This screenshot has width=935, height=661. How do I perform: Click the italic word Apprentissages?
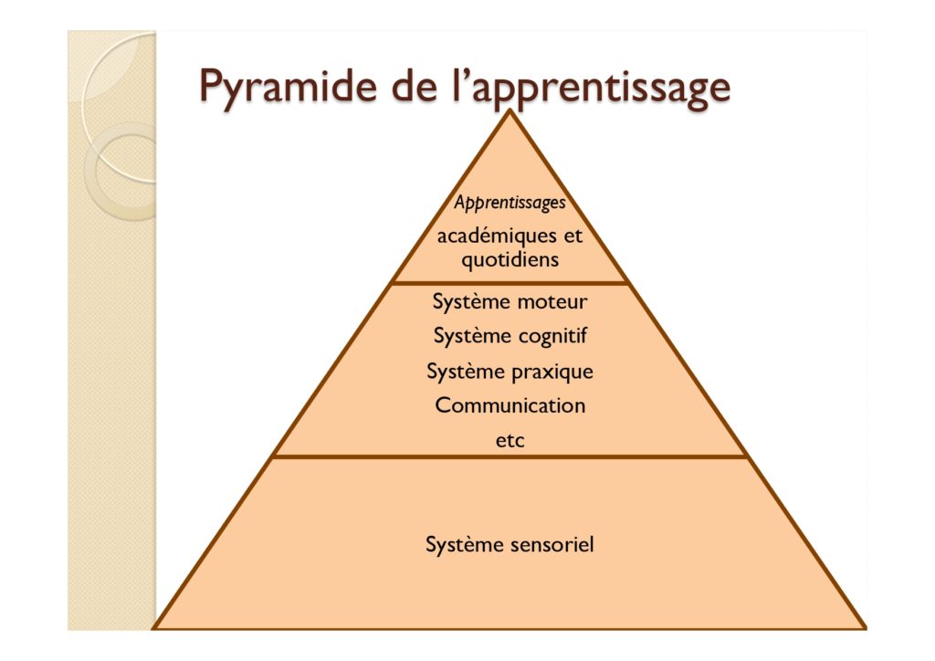510,203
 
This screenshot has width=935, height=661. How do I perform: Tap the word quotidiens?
510,260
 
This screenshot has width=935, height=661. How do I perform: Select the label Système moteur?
510,301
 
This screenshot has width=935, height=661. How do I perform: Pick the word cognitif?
552,337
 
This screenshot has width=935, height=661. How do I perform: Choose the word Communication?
510,405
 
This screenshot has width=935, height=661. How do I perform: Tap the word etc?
510,441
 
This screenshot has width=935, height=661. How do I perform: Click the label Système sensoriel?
510,544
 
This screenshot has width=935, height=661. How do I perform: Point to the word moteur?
552,301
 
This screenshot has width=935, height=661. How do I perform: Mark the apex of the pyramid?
510,110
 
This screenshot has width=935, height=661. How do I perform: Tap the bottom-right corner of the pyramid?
865,627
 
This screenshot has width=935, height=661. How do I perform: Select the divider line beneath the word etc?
510,457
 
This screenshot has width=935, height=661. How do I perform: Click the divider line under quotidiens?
510,282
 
